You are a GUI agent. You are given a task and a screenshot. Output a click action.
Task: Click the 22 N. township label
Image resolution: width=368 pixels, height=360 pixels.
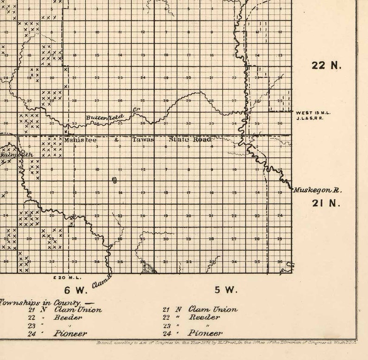(327, 65)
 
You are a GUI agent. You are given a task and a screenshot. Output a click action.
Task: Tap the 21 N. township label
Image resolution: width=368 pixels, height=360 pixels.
(326, 203)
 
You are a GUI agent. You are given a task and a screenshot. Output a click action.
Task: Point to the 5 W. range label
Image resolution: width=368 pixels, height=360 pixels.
(226, 290)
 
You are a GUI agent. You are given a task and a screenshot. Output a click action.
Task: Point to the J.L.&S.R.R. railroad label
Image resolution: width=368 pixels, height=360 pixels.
(309, 118)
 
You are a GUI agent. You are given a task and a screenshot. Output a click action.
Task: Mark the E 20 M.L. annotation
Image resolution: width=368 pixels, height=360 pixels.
(68, 277)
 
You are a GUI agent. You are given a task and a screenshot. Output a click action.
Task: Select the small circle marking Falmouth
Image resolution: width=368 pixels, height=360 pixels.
(22, 151)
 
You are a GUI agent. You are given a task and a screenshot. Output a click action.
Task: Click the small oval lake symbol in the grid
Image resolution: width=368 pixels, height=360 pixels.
(114, 180)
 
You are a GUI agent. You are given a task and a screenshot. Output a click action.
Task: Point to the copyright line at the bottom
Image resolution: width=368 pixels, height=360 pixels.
(222, 343)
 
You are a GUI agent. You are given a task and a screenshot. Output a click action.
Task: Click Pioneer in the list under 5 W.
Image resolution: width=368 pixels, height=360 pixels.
(205, 333)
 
